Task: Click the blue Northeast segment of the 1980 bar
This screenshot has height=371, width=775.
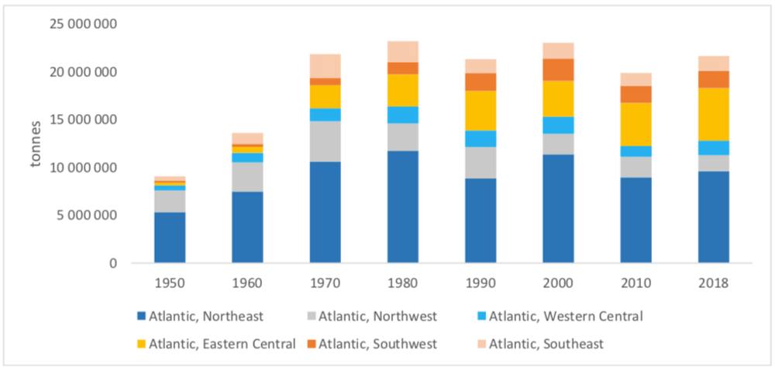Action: (402, 206)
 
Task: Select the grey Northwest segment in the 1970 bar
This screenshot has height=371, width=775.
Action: (325, 141)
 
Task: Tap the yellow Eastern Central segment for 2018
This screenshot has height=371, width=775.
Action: (713, 114)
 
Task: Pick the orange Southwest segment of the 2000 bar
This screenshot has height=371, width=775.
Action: (558, 70)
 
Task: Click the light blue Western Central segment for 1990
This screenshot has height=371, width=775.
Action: (480, 139)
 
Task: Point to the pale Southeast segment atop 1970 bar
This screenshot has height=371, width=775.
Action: (325, 66)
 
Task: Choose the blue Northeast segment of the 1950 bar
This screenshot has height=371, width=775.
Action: (170, 238)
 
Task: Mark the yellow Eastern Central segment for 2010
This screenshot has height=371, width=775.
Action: (635, 124)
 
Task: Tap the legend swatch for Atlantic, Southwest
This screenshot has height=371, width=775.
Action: (307, 343)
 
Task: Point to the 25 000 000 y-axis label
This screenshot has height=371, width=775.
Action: (83, 24)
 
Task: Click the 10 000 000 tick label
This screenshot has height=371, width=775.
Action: (83, 168)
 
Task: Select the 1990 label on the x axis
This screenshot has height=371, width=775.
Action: (480, 284)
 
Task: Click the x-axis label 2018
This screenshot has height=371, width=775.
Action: (713, 284)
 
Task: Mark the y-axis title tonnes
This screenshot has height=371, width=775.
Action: (36, 144)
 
